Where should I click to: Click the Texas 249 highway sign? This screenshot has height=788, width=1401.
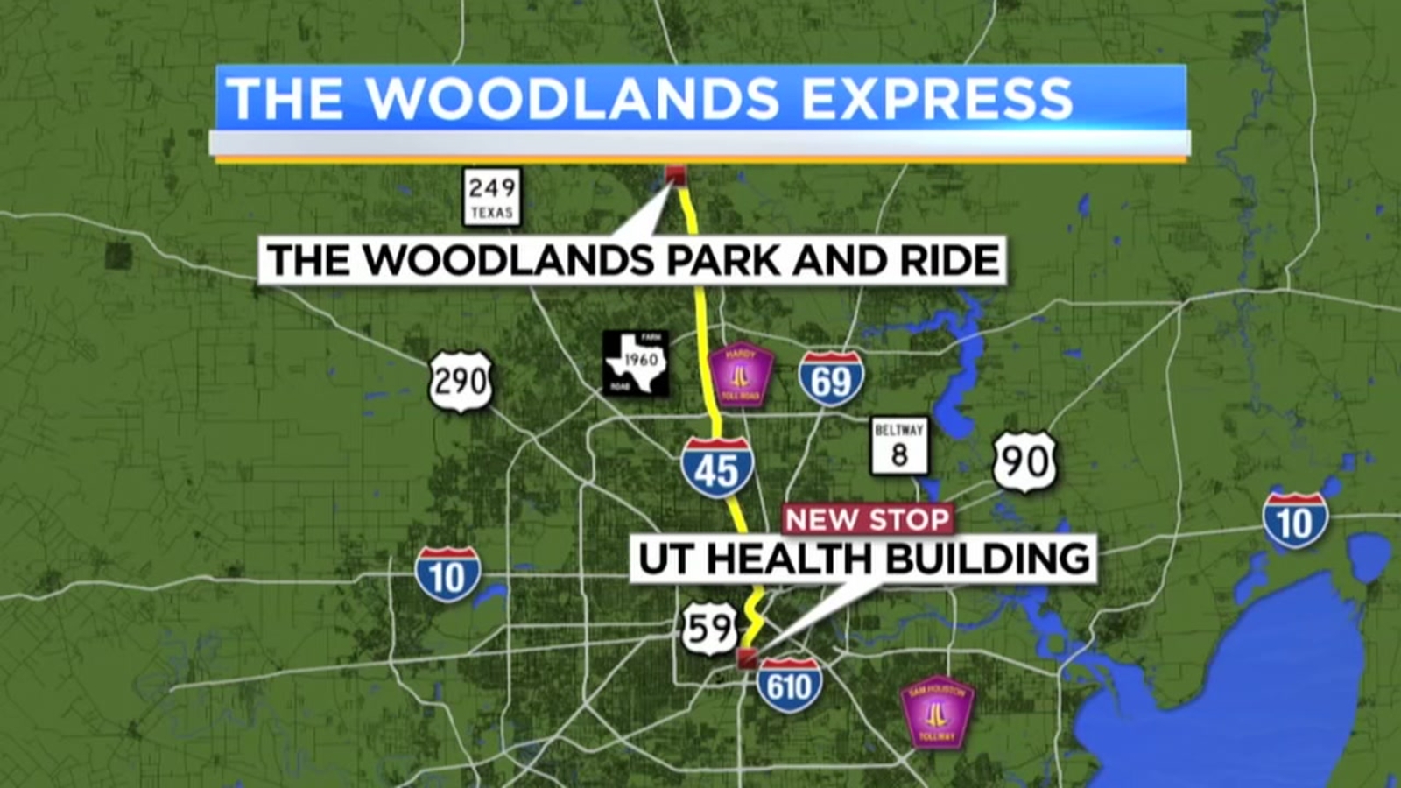click(491, 197)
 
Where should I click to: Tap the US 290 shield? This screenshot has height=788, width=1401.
click(461, 382)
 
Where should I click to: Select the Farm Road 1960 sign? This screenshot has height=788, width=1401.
click(637, 362)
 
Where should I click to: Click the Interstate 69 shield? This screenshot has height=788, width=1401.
click(831, 379)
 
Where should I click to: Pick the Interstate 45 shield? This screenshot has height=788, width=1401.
click(717, 468)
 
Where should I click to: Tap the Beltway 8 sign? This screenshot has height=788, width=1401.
click(899, 445)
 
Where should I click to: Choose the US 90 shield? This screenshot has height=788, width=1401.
click(1024, 461)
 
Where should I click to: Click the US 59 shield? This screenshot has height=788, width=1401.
click(709, 628)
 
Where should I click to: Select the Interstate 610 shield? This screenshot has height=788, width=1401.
click(789, 685)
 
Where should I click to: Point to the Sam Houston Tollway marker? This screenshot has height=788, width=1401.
click(937, 712)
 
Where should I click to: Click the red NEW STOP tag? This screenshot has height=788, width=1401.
click(867, 519)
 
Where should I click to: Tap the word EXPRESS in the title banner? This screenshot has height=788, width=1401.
click(936, 98)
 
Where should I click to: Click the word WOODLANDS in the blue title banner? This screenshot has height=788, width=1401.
click(573, 98)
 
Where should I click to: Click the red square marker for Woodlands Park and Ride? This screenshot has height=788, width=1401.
click(674, 175)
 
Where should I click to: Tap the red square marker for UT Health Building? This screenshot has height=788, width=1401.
click(747, 659)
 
